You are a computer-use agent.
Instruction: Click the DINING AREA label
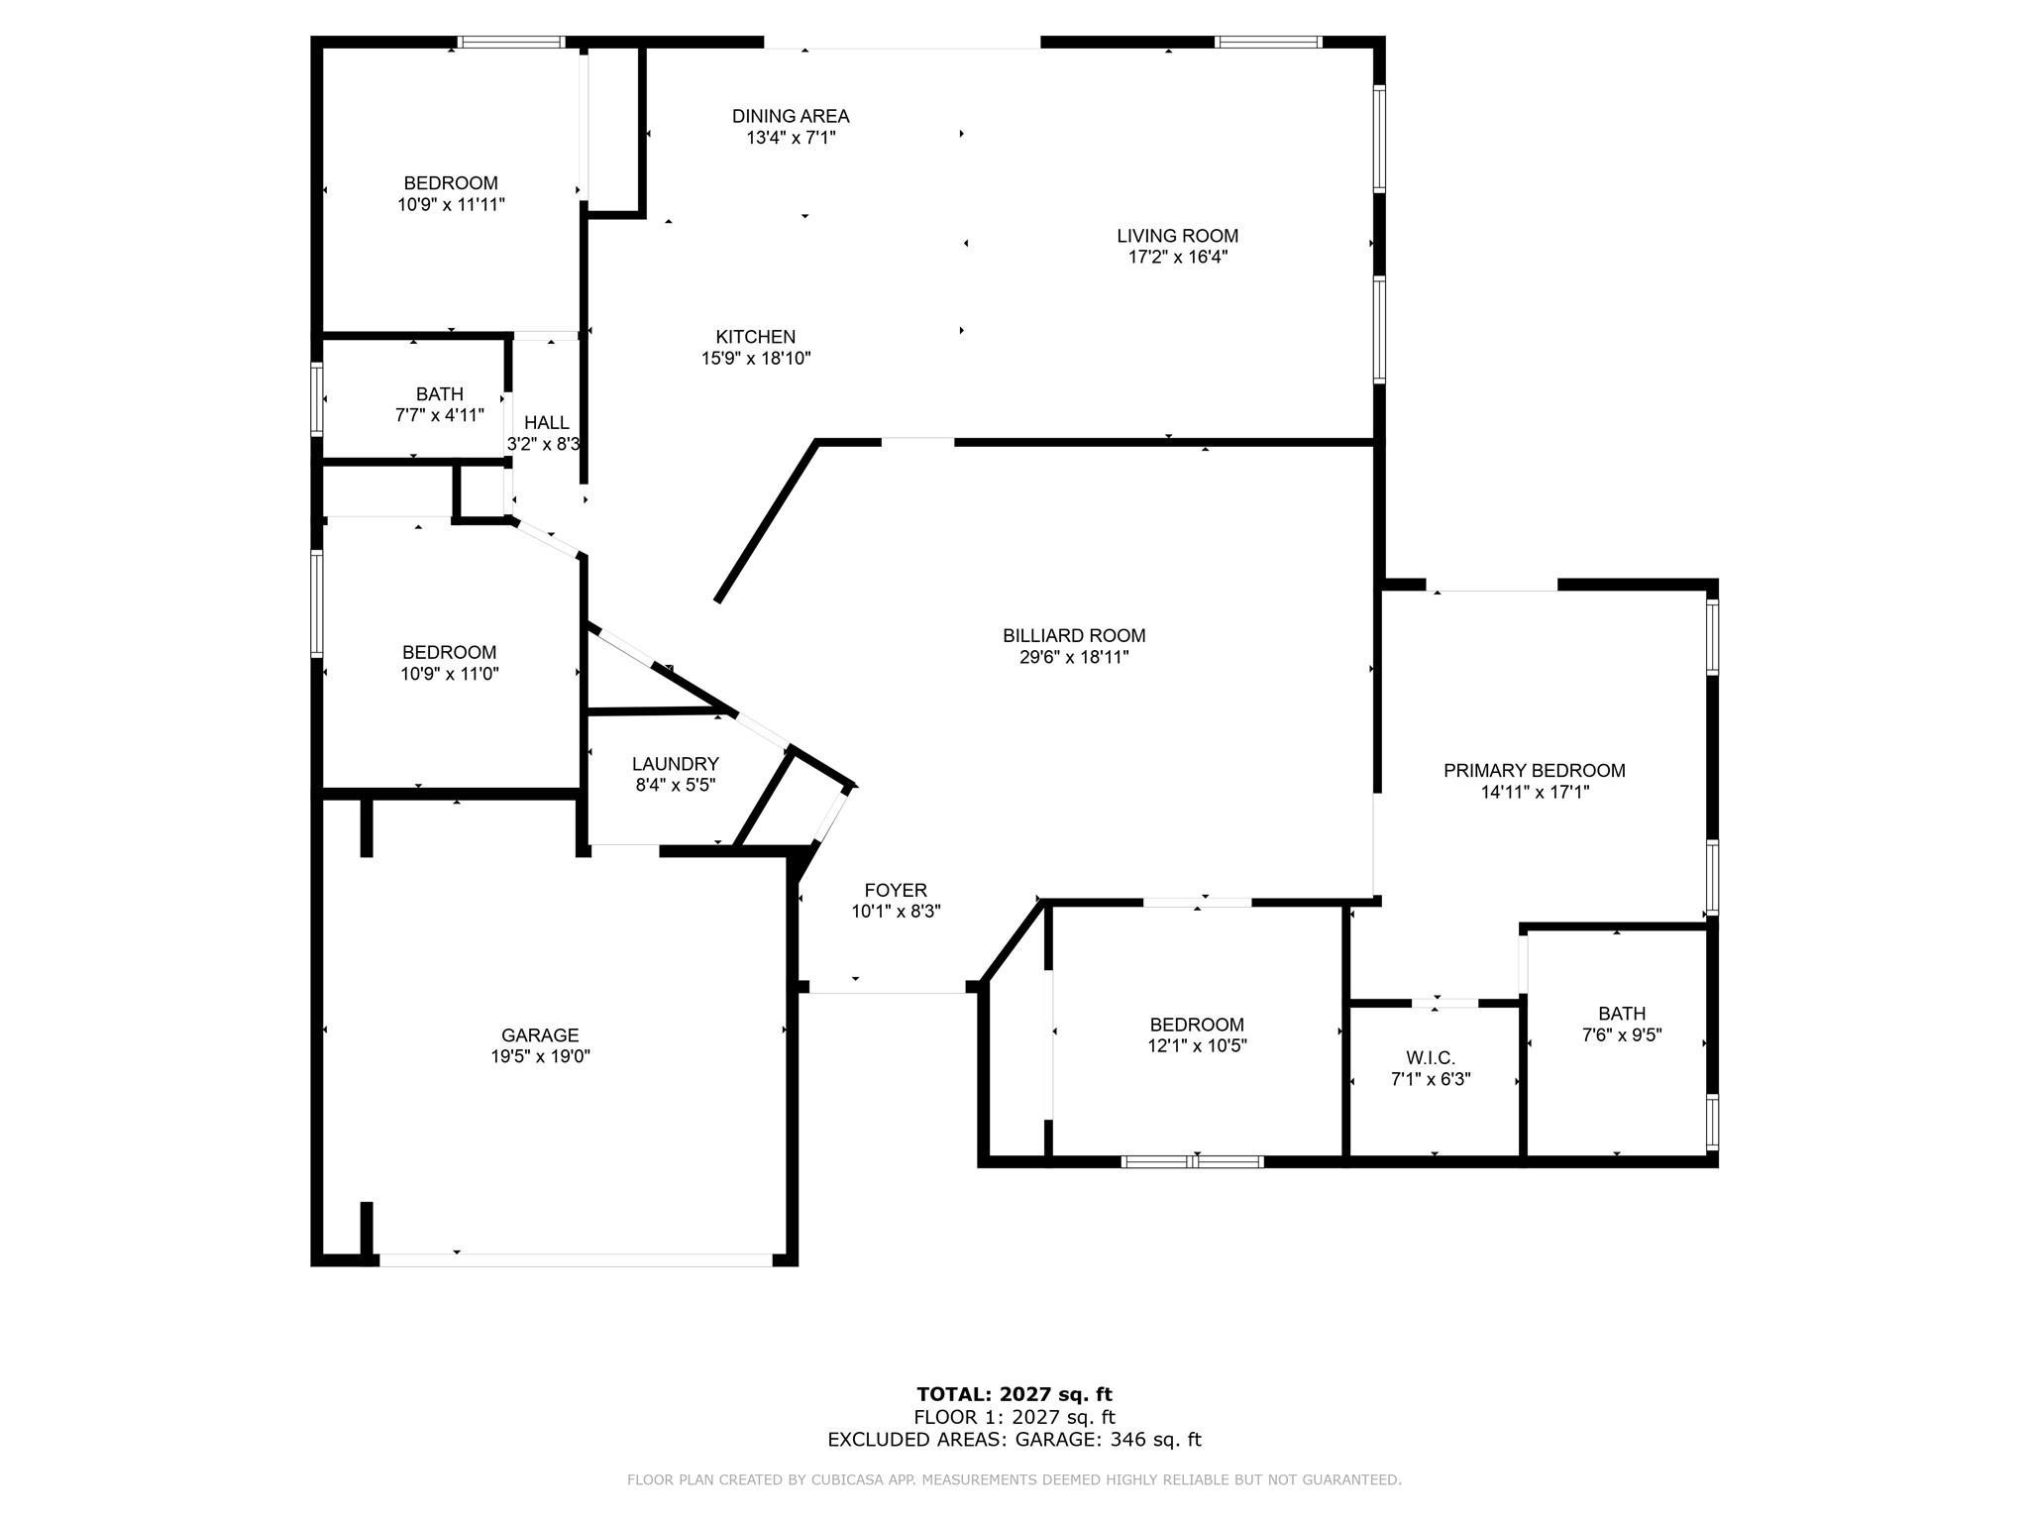point(791,116)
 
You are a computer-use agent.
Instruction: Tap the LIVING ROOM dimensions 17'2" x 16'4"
point(1177,257)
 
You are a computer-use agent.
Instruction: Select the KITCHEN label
point(756,337)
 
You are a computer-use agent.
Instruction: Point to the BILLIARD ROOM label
point(1074,635)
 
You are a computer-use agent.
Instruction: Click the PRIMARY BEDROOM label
point(1534,770)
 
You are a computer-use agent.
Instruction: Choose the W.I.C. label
point(1431,1058)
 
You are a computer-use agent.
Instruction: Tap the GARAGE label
point(540,1035)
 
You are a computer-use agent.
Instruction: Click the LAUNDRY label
point(676,764)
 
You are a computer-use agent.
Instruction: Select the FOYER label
point(896,890)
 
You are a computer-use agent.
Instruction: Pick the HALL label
point(547,423)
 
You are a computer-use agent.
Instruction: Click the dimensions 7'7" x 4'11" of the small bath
point(440,415)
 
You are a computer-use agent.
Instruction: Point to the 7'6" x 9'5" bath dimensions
point(1622,1035)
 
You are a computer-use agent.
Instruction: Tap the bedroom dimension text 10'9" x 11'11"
point(451,204)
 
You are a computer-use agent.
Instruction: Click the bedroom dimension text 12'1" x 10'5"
point(1197,1045)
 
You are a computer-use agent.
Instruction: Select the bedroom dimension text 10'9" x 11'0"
point(450,674)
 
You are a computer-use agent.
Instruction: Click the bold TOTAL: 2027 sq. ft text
point(1014,1395)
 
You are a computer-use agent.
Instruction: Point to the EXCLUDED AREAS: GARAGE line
point(1014,1440)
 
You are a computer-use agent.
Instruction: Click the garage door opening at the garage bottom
point(576,1259)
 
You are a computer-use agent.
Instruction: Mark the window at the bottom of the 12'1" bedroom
point(1193,1161)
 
